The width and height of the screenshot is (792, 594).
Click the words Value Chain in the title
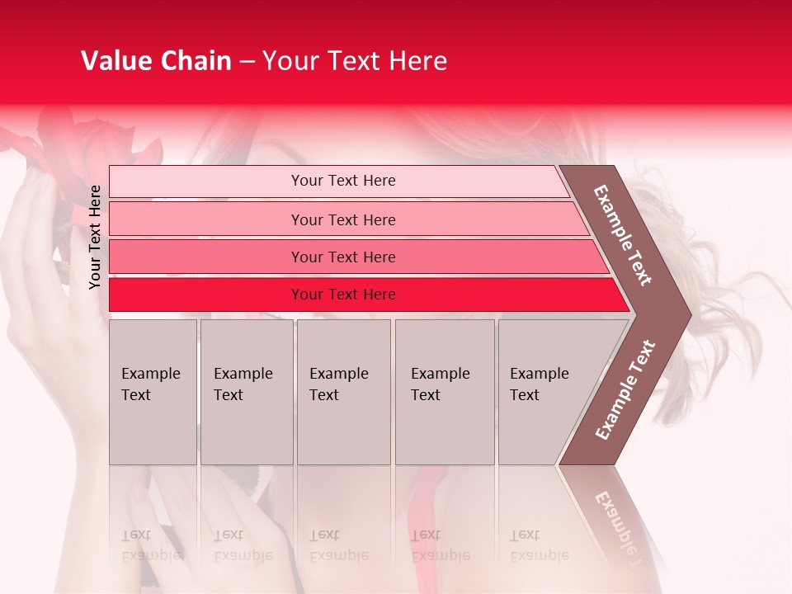tap(156, 61)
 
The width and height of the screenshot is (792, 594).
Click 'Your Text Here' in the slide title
tap(355, 61)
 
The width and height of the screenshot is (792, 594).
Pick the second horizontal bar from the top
tap(343, 219)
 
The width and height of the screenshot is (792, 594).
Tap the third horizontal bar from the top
tap(343, 257)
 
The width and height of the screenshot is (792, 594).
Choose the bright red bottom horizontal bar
tap(343, 295)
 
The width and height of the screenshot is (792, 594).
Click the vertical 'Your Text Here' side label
tap(95, 237)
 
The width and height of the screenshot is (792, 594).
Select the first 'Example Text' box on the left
tap(153, 391)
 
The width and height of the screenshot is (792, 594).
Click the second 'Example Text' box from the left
tap(246, 391)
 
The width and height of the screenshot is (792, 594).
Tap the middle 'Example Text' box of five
tap(343, 391)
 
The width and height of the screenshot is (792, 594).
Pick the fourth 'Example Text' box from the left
tap(444, 391)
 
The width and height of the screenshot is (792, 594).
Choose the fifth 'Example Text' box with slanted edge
tap(544, 391)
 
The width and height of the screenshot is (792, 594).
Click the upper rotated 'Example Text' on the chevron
tap(623, 235)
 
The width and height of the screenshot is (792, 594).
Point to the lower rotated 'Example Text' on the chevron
tap(625, 389)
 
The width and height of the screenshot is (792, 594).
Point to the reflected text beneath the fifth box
tap(538, 545)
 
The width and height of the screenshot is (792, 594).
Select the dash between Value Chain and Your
tap(247, 61)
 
